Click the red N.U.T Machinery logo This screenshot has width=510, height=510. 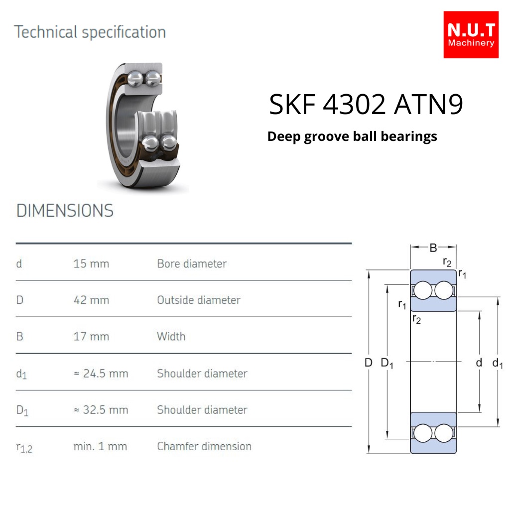471,35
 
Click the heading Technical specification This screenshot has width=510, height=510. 90,32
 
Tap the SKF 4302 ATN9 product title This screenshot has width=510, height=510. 366,105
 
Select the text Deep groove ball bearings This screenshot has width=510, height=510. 352,136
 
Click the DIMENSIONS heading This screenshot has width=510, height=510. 65,211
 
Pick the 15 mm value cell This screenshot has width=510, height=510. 92,263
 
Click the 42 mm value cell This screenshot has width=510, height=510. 92,300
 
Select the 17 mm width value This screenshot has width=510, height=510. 92,336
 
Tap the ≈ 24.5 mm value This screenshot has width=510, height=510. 101,374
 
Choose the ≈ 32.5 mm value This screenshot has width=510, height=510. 101,410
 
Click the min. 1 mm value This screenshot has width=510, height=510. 100,446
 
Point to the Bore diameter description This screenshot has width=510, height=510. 192,263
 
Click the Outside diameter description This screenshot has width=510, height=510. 199,300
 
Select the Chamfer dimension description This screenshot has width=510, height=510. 204,446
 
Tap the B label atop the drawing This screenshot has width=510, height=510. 433,248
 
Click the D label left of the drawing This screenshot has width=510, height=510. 368,363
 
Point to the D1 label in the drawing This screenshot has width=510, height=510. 387,363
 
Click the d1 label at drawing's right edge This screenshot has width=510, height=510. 498,363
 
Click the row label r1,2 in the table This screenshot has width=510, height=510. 24,448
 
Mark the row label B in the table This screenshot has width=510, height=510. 19,336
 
